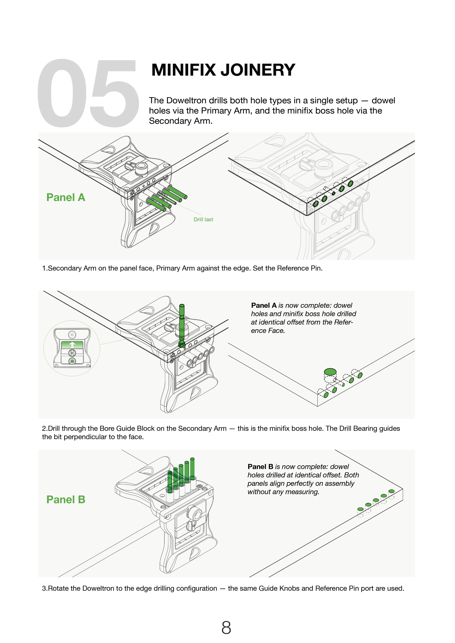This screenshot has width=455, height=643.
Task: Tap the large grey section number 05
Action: pos(88,93)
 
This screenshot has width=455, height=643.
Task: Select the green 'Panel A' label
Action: pos(66,197)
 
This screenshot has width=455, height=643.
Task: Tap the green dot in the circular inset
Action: pos(72,361)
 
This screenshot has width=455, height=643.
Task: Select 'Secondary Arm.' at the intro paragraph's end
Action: pos(181,121)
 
